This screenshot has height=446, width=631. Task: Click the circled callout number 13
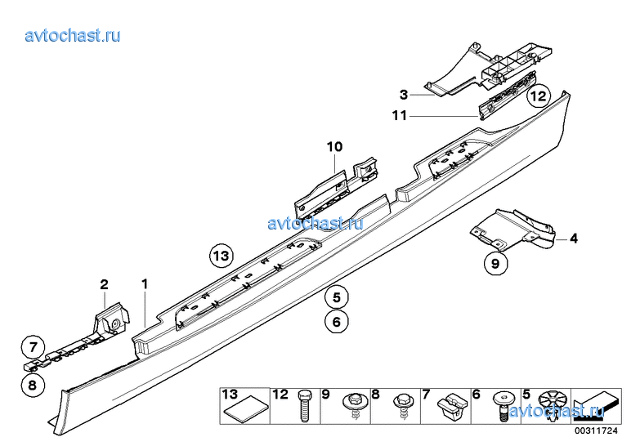pos(222,256)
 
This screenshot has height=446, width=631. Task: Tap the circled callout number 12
pos(539,96)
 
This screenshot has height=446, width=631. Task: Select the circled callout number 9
pos(495,263)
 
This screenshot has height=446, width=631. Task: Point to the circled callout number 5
pos(337,297)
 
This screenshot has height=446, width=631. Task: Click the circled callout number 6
pos(337,322)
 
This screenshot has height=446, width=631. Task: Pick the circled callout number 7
pos(34,346)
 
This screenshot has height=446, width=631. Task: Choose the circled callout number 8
pos(33,386)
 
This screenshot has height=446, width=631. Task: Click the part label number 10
pos(334,147)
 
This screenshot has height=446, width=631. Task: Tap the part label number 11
pos(400,116)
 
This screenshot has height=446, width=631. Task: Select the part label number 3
pos(404,95)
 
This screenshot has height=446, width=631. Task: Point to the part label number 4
pos(574,239)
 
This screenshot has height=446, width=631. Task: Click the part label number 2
pos(105,285)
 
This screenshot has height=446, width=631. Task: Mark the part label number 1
pos(145,284)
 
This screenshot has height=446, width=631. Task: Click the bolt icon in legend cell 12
pos(304,406)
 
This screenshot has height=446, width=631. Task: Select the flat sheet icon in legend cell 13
pos(246,409)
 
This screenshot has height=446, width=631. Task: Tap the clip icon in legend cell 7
pos(452,405)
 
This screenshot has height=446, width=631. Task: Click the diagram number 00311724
pos(596,430)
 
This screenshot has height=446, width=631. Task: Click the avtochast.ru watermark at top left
pos(73,36)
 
